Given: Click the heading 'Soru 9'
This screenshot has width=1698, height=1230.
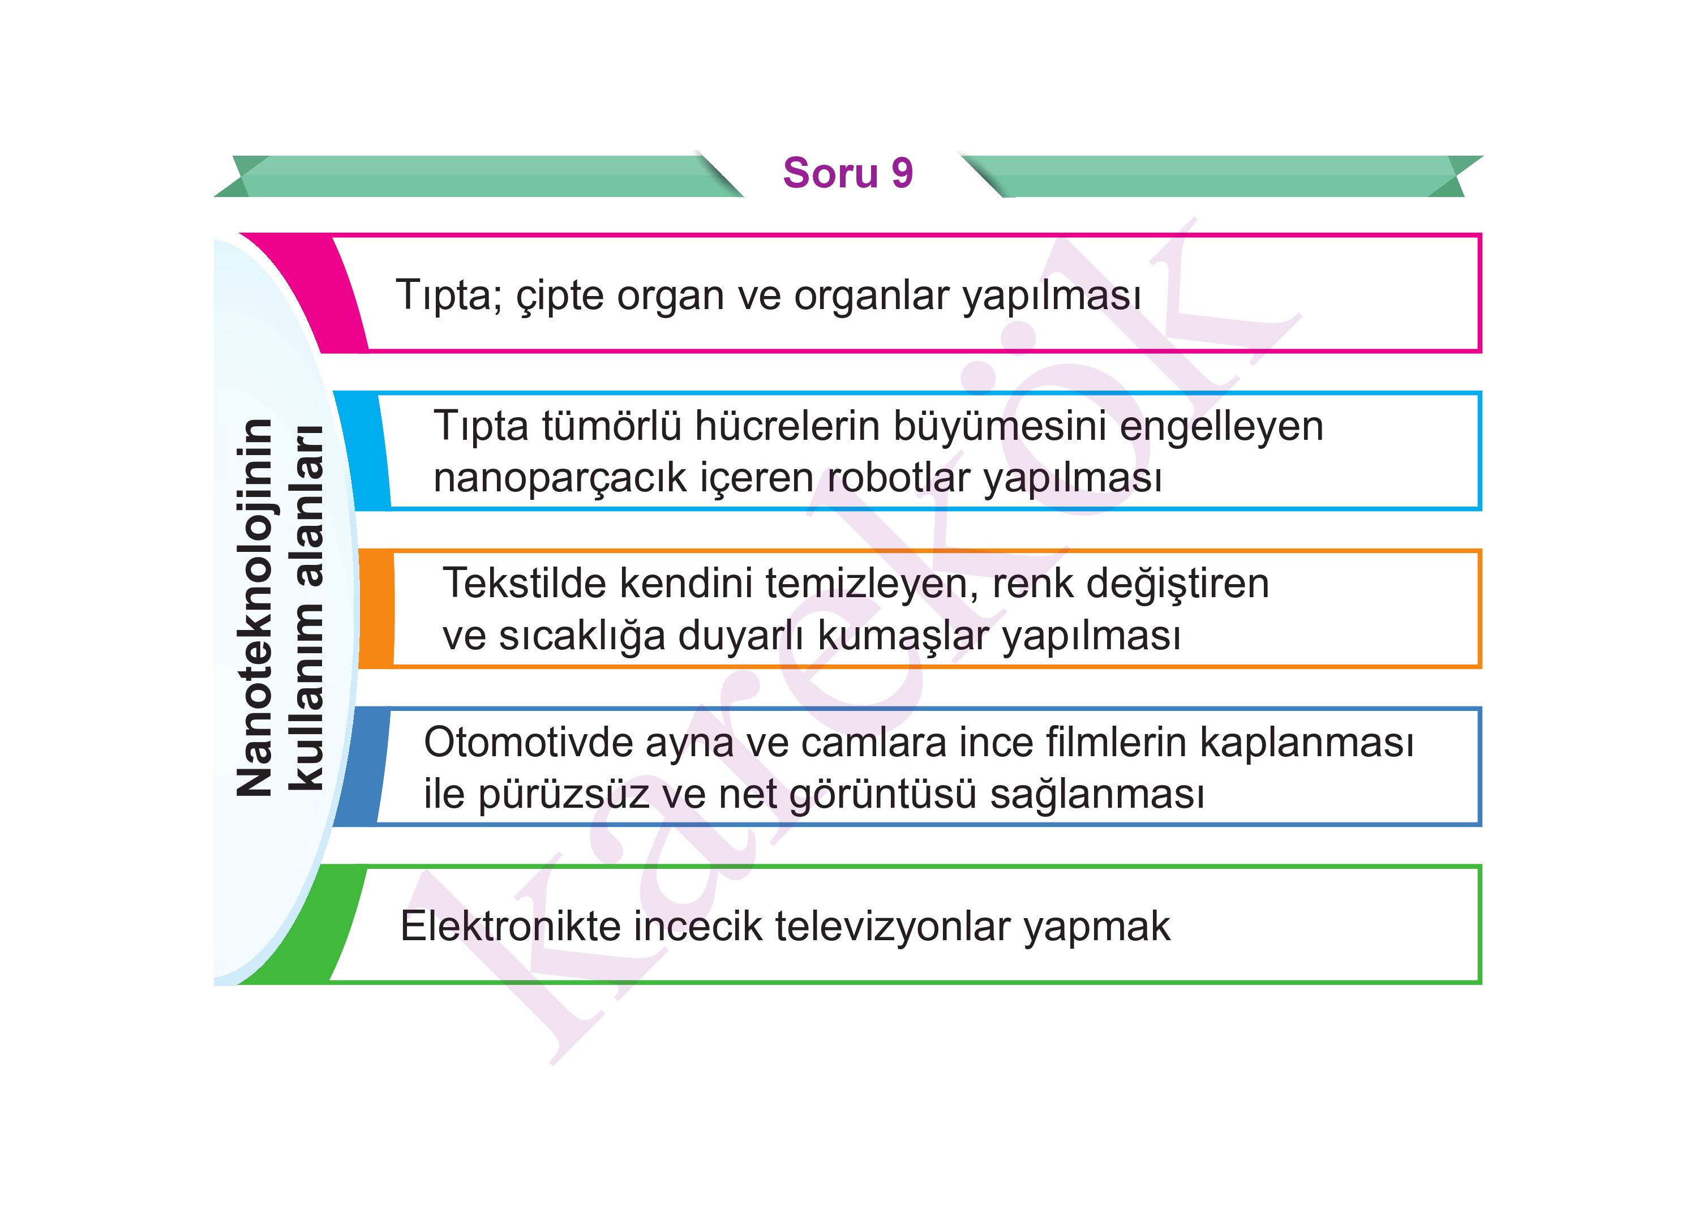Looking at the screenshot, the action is tap(847, 173).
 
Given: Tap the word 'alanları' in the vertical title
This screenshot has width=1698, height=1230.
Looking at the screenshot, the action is tap(307, 505).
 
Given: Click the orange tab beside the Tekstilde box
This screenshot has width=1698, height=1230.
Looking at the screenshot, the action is tap(376, 608).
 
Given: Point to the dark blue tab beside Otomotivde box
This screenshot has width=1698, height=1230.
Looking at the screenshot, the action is tap(362, 766).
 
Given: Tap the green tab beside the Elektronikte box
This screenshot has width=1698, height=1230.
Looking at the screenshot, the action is tap(307, 924).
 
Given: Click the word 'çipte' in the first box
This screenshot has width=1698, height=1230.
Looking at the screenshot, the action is tap(560, 295).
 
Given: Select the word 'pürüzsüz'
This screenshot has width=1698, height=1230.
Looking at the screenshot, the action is tap(564, 795).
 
